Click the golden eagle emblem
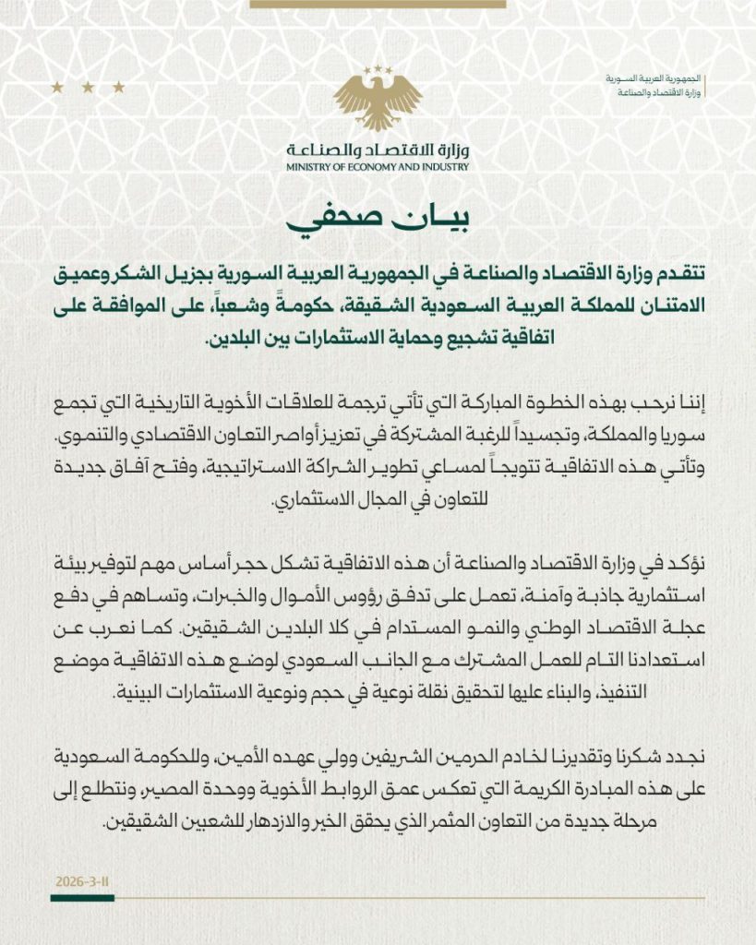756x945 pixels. coord(378,98)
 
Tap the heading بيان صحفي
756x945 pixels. coord(378,222)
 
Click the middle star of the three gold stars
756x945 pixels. coord(88,88)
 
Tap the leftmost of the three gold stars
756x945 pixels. coord(57,88)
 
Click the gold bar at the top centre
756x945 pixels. coord(378,4)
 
